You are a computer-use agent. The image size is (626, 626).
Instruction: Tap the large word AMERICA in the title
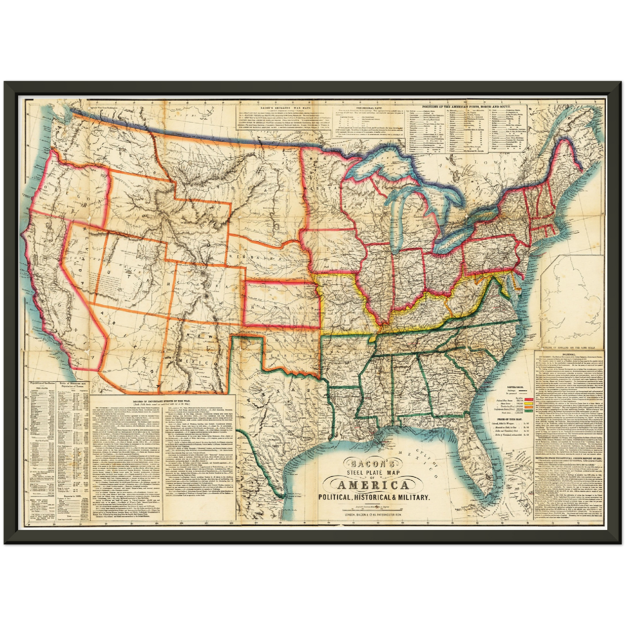pos(373,485)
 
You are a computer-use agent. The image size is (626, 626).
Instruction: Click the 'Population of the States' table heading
pos(43,384)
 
